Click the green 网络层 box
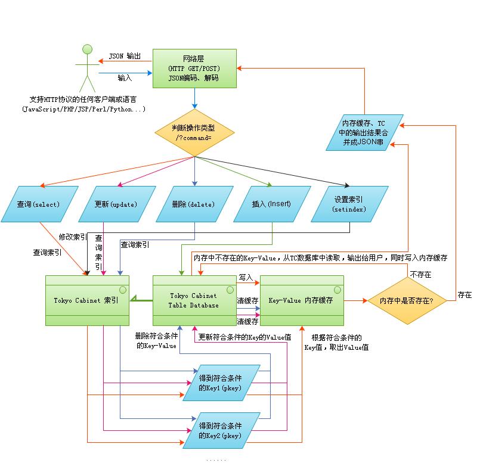pyautogui.click(x=194, y=69)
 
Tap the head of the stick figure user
pyautogui.click(x=87, y=49)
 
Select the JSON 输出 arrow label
pyautogui.click(x=125, y=56)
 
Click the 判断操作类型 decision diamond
pyautogui.click(x=194, y=133)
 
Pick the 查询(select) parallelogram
pyautogui.click(x=39, y=204)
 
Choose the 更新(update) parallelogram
pyautogui.click(x=117, y=204)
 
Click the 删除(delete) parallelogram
pyautogui.click(x=194, y=204)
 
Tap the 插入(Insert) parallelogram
pyautogui.click(x=272, y=204)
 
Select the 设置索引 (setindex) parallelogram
pyautogui.click(x=349, y=204)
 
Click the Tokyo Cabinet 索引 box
pyautogui.click(x=87, y=301)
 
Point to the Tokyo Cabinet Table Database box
pyautogui.click(x=194, y=301)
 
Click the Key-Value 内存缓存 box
pyautogui.click(x=302, y=301)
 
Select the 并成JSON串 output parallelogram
pyautogui.click(x=365, y=132)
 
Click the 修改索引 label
pyautogui.click(x=73, y=237)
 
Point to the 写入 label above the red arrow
pyautogui.click(x=246, y=278)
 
